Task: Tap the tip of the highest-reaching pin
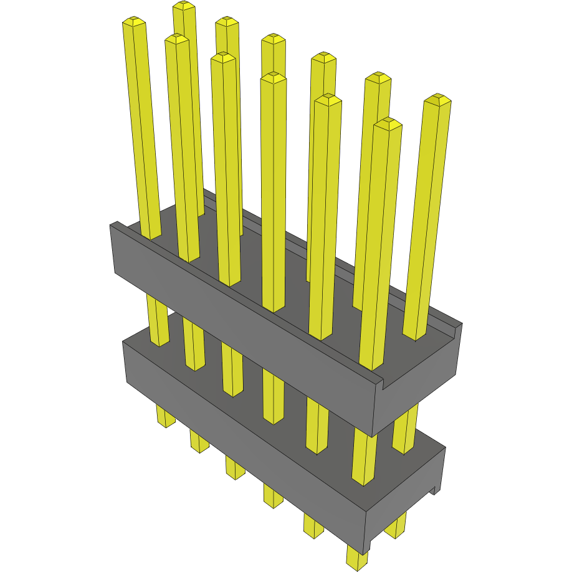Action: click(184, 6)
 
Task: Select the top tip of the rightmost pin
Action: click(437, 99)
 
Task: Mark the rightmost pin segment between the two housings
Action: click(406, 430)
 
